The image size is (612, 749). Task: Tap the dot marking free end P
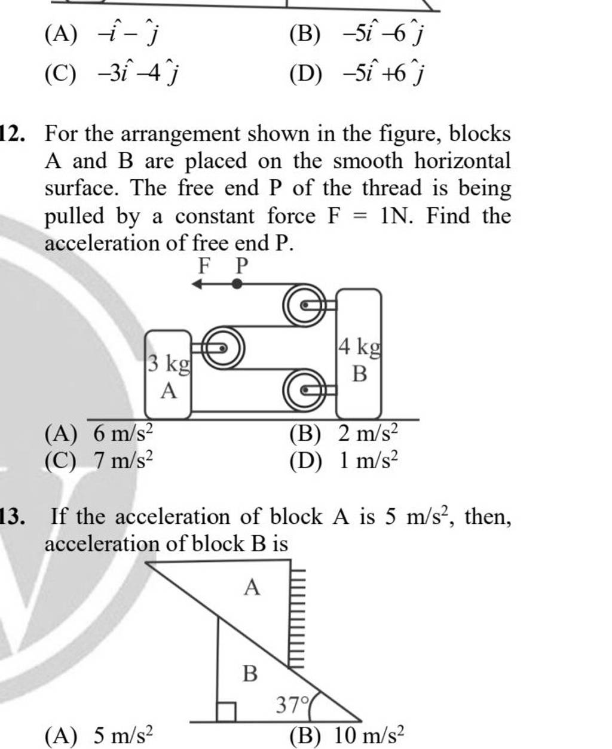238,284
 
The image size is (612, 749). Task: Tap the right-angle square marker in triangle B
226,711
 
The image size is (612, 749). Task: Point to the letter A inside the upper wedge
252,588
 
